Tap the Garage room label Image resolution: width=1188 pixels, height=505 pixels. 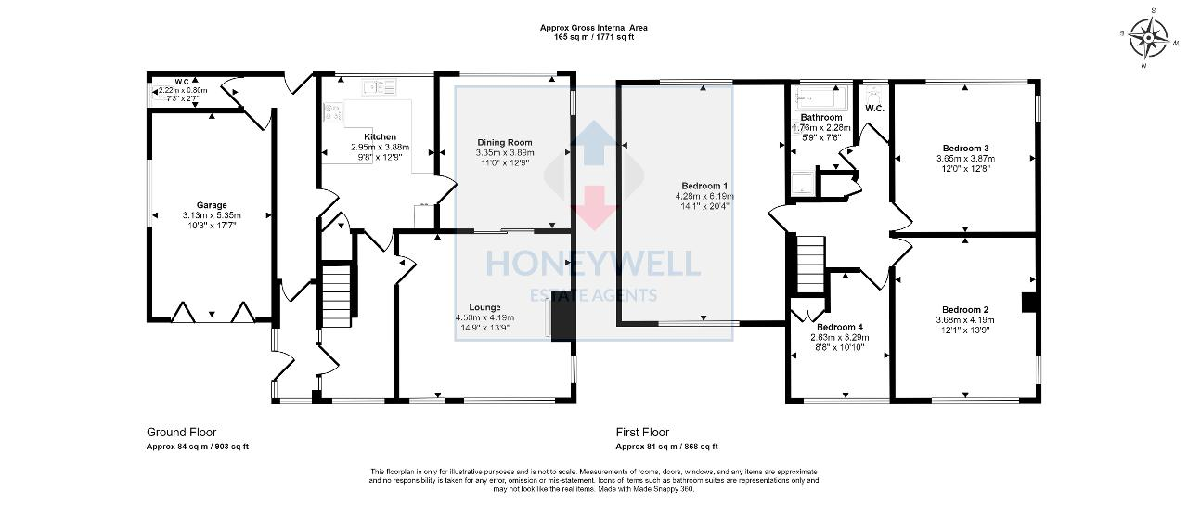[x=212, y=205]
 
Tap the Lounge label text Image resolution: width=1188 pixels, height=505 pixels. [x=484, y=307]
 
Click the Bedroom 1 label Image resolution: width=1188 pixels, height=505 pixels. [x=704, y=186]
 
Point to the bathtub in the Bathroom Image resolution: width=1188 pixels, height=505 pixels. [x=818, y=97]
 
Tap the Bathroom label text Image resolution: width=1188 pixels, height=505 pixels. [x=821, y=118]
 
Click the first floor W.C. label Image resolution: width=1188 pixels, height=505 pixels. [x=874, y=109]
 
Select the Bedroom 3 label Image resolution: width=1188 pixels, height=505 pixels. [x=965, y=149]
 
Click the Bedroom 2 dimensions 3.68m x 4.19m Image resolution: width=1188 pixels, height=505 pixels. [x=965, y=320]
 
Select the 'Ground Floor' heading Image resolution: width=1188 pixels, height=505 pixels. [x=182, y=433]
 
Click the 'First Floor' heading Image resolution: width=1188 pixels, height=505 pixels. [x=642, y=433]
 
